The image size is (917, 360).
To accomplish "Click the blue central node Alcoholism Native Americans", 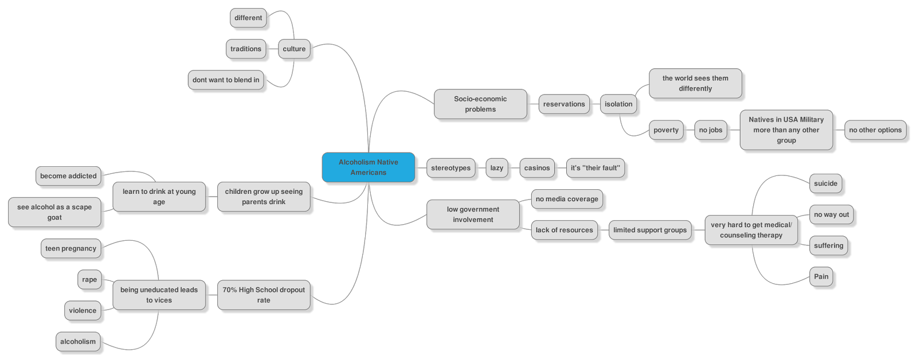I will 368,167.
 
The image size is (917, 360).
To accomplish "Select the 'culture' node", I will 294,49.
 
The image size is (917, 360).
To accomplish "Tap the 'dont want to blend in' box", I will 226,80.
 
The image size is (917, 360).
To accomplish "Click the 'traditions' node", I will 246,49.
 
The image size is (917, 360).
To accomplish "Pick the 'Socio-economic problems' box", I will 480,104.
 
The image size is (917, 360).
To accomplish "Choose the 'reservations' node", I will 564,104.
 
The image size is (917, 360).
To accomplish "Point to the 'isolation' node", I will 618,104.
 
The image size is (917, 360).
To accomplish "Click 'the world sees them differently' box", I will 695,83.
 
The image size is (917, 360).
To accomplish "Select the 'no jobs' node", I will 711,130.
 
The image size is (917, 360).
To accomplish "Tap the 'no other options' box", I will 875,130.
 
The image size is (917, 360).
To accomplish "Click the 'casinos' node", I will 537,168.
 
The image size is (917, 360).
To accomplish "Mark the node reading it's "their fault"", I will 595,168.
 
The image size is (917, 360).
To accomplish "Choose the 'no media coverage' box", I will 567,199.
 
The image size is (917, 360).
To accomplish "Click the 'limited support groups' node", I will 650,230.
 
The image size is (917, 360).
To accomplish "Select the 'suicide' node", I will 825,183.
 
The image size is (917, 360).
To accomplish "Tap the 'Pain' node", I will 821,276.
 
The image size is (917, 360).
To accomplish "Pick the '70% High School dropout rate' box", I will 264,295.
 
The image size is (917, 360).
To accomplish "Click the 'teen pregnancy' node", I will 71,248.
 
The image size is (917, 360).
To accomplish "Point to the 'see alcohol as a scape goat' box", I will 54,212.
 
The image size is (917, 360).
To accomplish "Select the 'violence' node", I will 83,311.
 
